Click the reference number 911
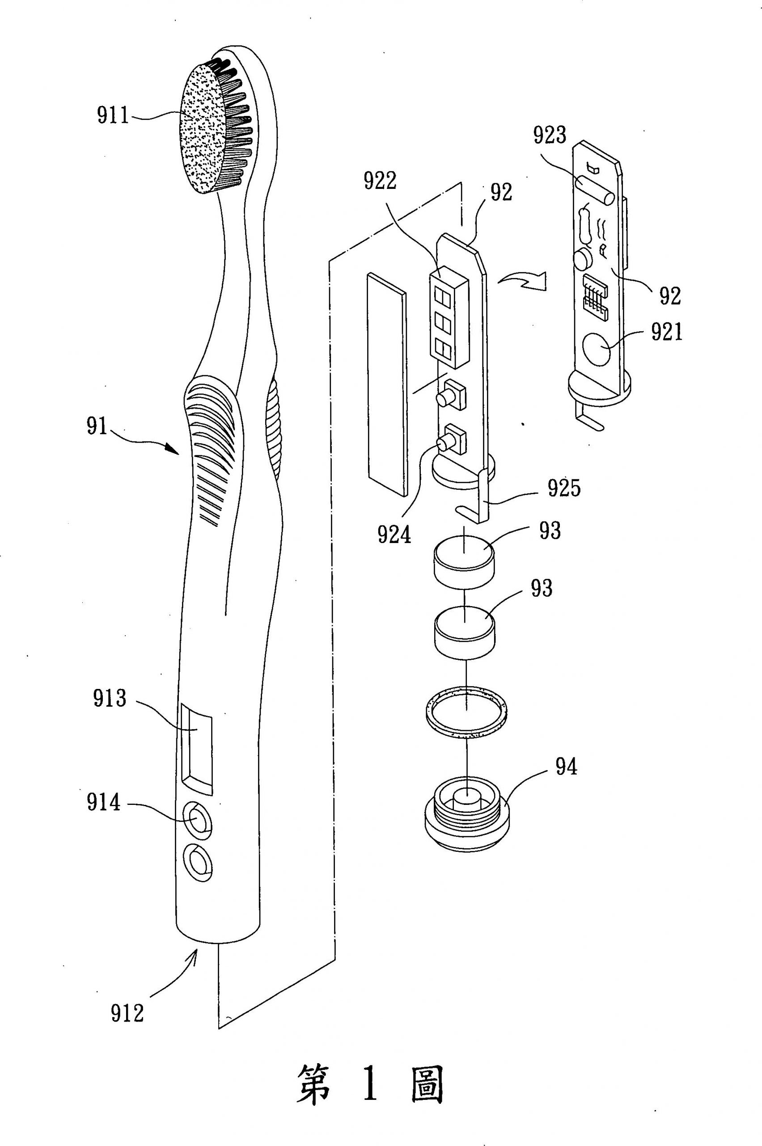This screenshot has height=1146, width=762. (113, 116)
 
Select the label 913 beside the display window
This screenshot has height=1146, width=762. (110, 698)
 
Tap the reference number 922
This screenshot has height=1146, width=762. (381, 181)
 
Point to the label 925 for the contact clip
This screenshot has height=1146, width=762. (564, 488)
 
